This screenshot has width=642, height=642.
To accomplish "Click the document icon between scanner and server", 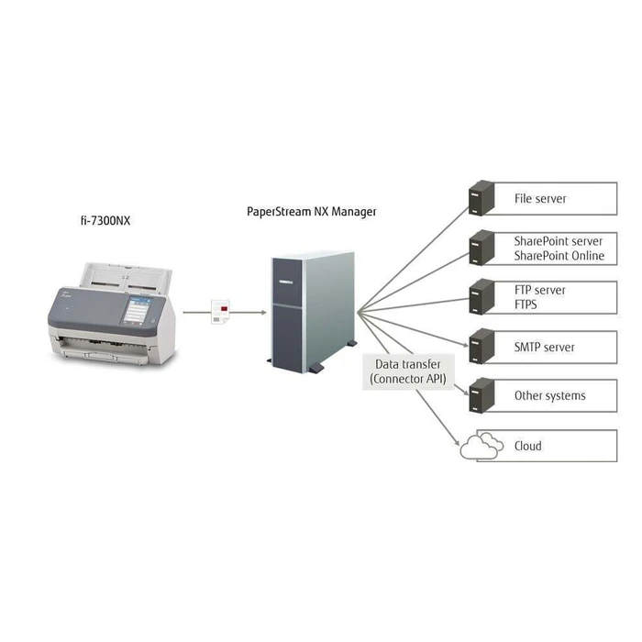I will [x=220, y=311].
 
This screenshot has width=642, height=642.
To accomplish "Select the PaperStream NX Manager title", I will [x=312, y=211].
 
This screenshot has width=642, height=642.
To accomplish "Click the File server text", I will [x=540, y=198].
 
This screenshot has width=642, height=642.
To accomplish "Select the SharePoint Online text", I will [x=559, y=256].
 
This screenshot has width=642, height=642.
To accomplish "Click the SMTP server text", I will [x=545, y=347].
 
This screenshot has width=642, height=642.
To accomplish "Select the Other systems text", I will [x=549, y=396].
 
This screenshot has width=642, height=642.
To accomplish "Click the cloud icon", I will [x=481, y=447].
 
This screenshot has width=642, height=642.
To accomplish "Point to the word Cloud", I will [x=528, y=446].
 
